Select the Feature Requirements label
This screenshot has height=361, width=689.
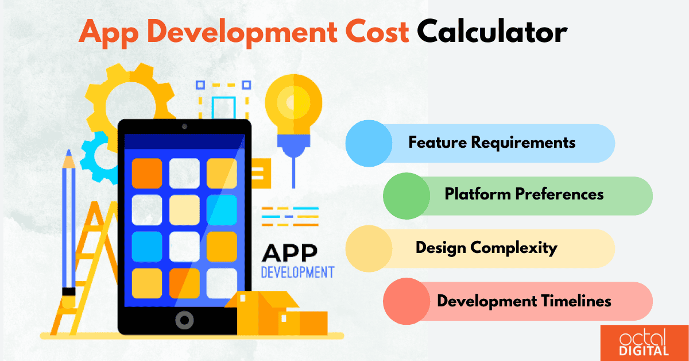pos(491,142)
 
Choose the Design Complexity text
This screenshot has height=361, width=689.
pos(486,248)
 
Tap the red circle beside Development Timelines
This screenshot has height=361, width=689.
pos(407,301)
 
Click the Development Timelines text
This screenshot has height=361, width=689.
pos(524,301)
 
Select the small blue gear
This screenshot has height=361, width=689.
pos(96,155)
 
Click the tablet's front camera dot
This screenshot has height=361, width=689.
pos(184,126)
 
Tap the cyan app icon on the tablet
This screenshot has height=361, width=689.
pos(222,209)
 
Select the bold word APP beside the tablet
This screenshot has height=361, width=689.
pos(291,253)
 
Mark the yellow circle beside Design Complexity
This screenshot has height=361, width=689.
pos(369,248)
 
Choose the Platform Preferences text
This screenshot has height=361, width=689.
pos(524,194)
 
